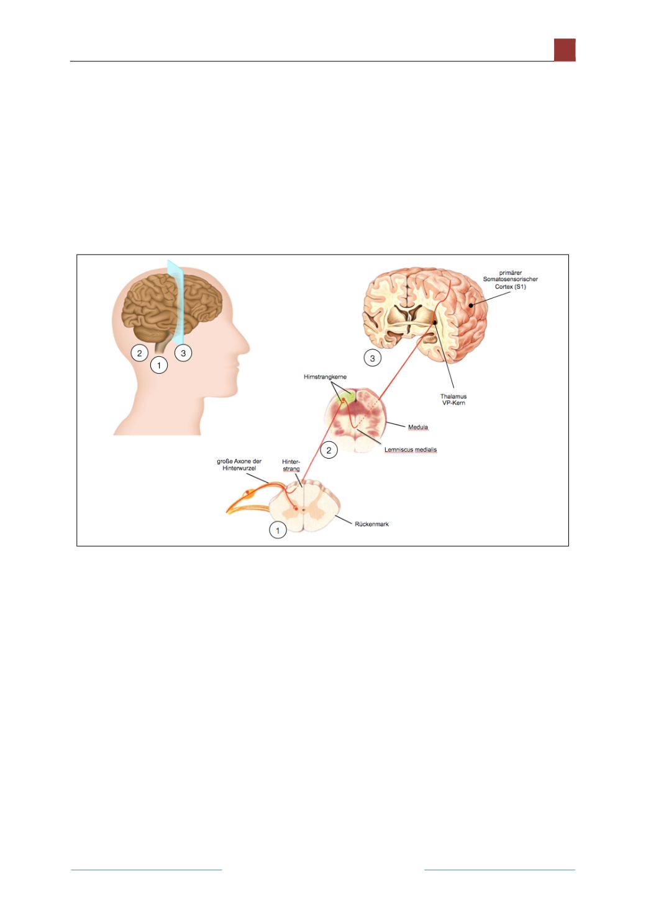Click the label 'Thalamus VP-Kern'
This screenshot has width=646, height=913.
tap(453, 400)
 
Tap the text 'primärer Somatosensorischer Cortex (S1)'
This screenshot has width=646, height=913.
tap(510, 279)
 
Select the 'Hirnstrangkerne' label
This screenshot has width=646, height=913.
tap(325, 377)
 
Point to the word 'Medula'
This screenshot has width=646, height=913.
tap(418, 427)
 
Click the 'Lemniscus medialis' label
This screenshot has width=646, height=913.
tap(411, 449)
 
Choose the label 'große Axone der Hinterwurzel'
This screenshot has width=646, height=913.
tap(239, 465)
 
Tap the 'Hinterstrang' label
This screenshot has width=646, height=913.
tap(291, 465)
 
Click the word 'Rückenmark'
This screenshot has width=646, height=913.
tap(371, 524)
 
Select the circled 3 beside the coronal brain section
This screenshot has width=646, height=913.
tap(372, 358)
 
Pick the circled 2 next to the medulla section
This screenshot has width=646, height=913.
tap(329, 451)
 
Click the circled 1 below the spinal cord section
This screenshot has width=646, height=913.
tap(278, 531)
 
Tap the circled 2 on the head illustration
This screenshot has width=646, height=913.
tap(140, 353)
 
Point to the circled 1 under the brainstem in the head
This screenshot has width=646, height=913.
tap(159, 365)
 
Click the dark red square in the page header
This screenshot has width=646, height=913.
tap(565, 50)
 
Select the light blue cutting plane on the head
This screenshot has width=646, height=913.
tap(175, 302)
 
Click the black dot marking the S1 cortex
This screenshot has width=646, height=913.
tap(471, 305)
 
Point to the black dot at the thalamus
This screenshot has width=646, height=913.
tap(435, 322)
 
